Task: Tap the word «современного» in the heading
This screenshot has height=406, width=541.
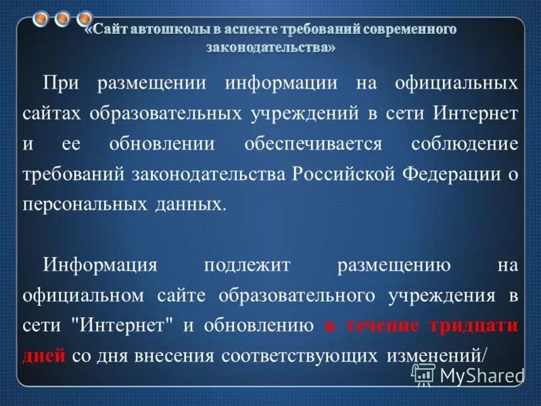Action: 405,30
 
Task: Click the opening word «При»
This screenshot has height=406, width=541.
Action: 63,85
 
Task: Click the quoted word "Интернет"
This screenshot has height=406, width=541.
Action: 127,325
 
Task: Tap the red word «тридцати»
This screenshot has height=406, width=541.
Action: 473,325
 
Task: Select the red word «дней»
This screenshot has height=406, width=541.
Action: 43,355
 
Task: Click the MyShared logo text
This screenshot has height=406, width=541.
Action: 481,374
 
